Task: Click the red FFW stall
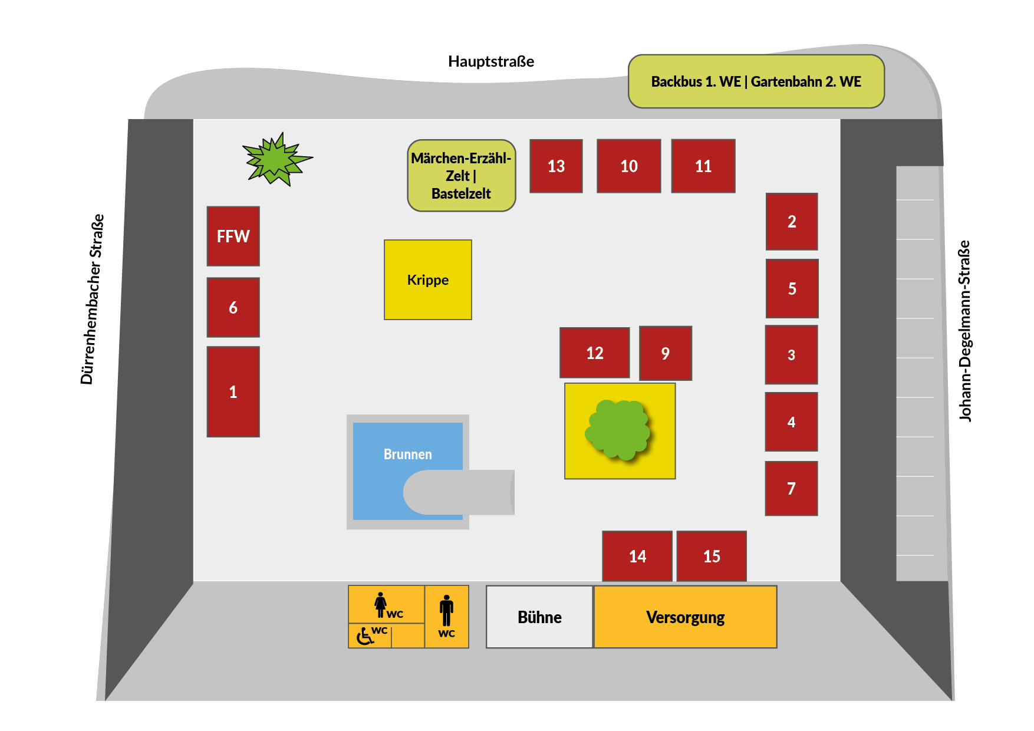[x=233, y=236]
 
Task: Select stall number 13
[x=556, y=166]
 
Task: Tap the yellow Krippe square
[x=427, y=279]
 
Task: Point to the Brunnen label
[x=407, y=454]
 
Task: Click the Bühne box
[x=539, y=617]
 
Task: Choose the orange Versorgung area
[x=685, y=617]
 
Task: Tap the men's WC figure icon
[x=446, y=610]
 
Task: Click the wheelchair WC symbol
[x=365, y=636]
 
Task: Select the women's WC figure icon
[x=381, y=604]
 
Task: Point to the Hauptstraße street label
[x=491, y=61]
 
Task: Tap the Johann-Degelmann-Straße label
[x=964, y=331]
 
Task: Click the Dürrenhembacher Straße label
[x=92, y=299]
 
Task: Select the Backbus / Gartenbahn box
[x=756, y=81]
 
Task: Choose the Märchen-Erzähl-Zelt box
[x=461, y=175]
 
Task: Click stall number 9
[x=665, y=353]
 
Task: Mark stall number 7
[x=791, y=488]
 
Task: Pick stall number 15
[x=712, y=556]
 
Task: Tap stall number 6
[x=233, y=307]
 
